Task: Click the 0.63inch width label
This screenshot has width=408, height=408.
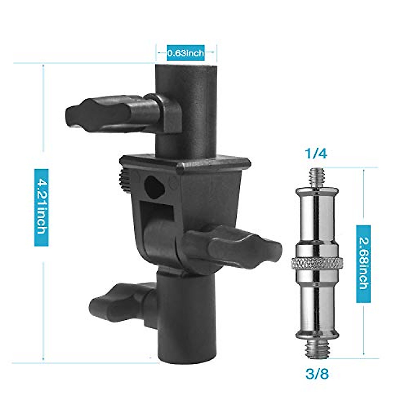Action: pos(186,53)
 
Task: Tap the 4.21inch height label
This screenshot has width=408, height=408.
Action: pos(41,208)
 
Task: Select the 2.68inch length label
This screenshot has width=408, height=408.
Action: pos(363,264)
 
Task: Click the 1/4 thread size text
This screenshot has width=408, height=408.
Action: pos(316,154)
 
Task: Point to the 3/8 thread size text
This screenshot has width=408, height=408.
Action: pos(317,375)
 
